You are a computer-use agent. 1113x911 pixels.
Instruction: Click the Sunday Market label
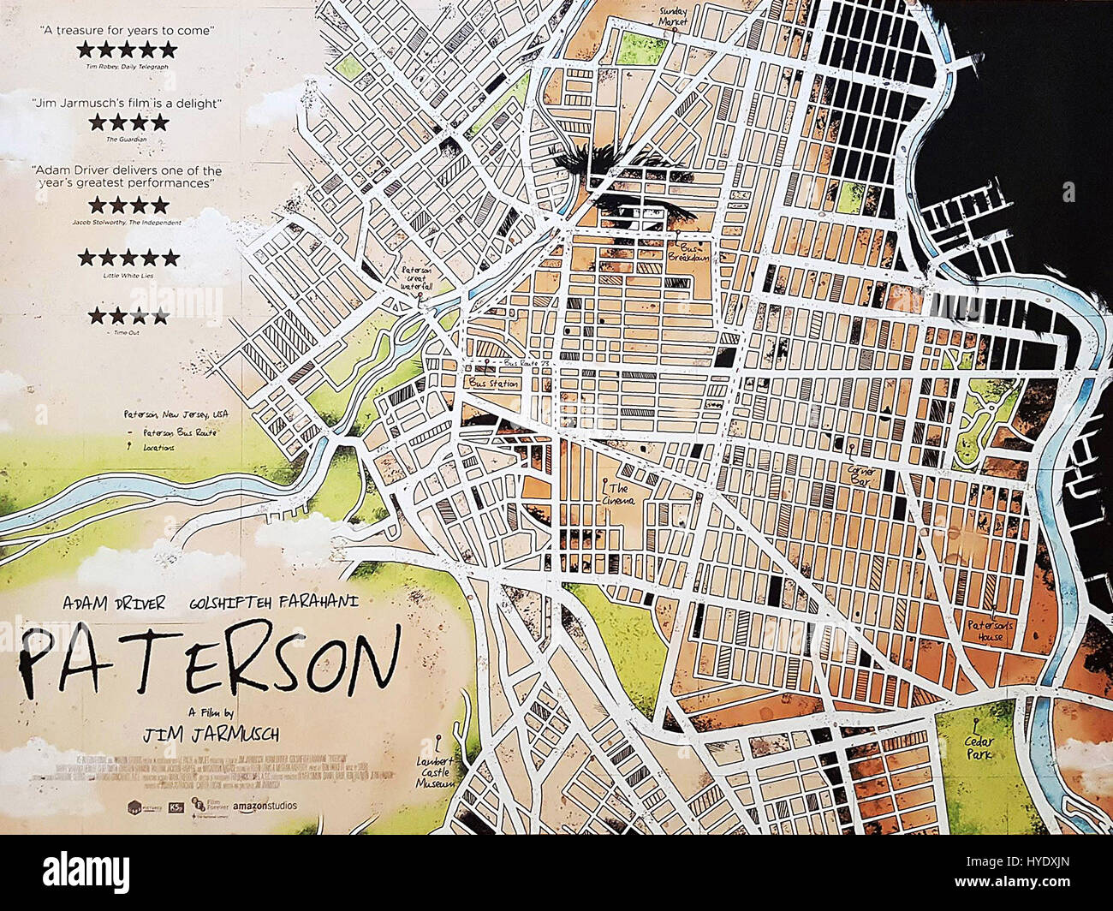(x=673, y=17)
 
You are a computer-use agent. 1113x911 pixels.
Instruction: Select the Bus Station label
(x=493, y=383)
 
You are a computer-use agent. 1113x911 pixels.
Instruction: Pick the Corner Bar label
(x=860, y=475)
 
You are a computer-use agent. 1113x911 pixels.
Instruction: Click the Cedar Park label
(x=979, y=747)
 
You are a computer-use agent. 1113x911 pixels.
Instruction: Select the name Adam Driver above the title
(x=114, y=603)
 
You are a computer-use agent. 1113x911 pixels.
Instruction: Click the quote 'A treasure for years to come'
(x=128, y=31)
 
